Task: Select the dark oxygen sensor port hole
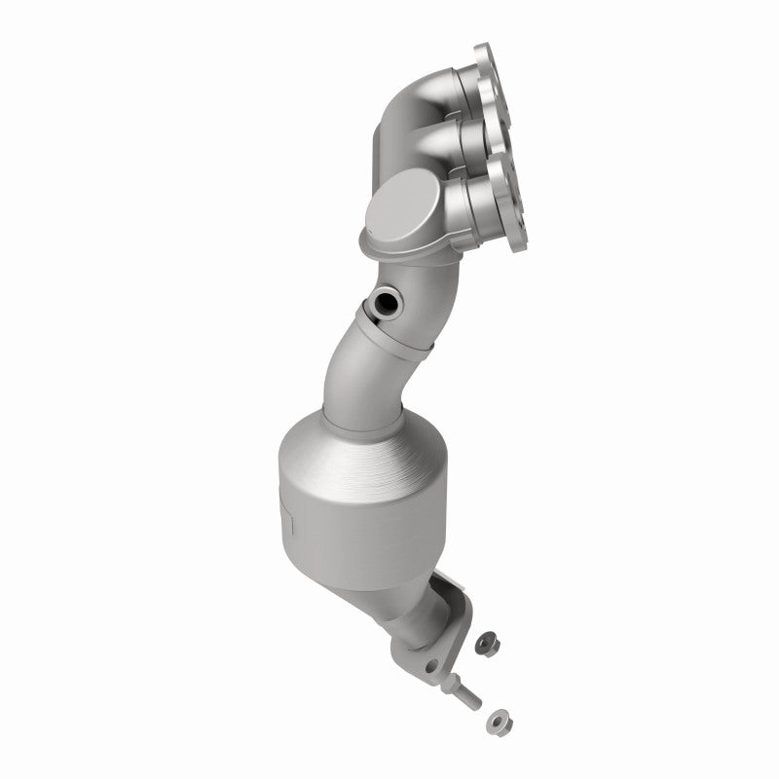pyautogui.click(x=388, y=302)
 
